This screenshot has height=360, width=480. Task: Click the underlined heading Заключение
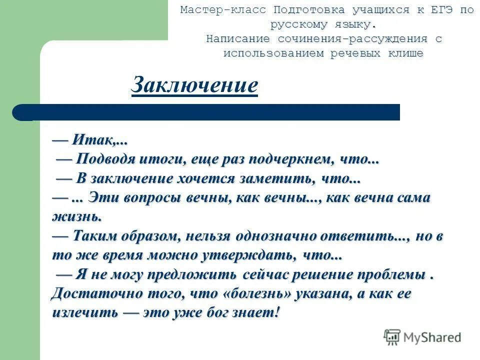(194, 85)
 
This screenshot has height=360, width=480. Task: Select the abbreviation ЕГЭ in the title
(440, 10)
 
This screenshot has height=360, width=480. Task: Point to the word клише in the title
(405, 53)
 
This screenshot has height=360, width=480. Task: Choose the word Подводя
(105, 159)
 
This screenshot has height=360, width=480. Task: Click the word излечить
(85, 313)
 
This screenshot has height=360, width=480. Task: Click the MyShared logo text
(432, 337)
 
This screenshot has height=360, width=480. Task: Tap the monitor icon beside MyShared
(392, 337)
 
